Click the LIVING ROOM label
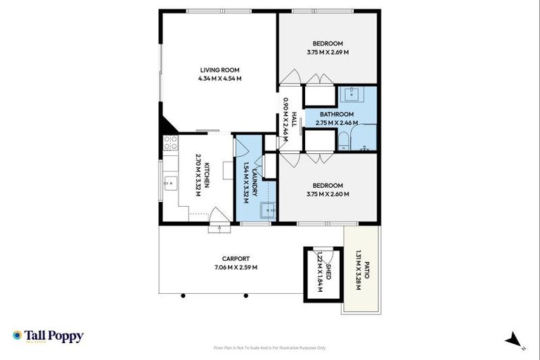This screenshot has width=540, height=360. pyautogui.click(x=220, y=70)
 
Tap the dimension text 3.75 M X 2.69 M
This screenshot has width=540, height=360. pyautogui.click(x=328, y=52)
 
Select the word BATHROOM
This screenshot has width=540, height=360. pyautogui.click(x=336, y=114)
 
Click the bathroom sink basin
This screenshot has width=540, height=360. pyautogui.click(x=349, y=94)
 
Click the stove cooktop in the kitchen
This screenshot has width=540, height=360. pyautogui.click(x=169, y=143)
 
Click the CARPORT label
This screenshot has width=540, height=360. pyautogui.click(x=236, y=259)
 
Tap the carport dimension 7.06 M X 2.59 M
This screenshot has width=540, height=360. pyautogui.click(x=236, y=267)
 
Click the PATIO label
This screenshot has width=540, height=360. pyautogui.click(x=366, y=272)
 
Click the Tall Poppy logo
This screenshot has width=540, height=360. pyautogui.click(x=48, y=336)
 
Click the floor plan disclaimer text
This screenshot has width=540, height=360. pyautogui.click(x=269, y=347)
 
